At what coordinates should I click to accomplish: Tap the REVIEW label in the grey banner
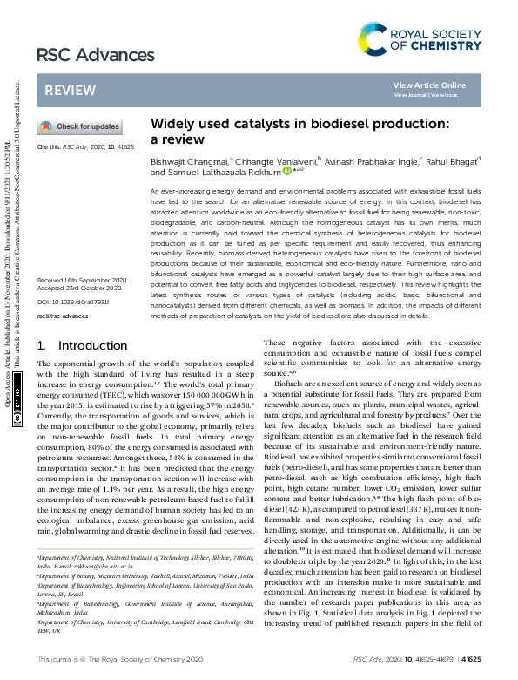(64, 90)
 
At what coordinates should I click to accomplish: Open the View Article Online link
(429, 85)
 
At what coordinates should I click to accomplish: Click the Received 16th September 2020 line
(82, 279)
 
